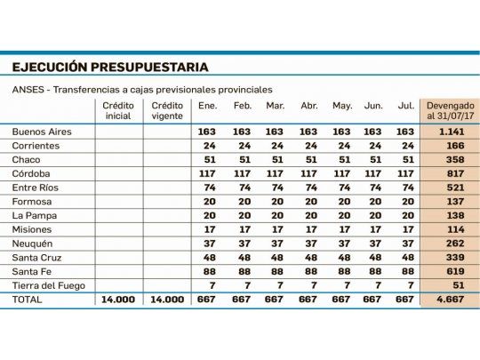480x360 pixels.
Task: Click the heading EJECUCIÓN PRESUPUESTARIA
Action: point(110,67)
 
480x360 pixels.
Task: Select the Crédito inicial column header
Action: point(119,111)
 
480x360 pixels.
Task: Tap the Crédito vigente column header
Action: point(168,111)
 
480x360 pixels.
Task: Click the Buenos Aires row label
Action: point(42,132)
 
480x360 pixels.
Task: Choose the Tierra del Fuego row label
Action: point(49,284)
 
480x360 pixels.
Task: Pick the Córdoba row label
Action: point(32,173)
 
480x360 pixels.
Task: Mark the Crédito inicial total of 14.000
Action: point(118,300)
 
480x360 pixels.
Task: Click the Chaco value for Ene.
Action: point(209,159)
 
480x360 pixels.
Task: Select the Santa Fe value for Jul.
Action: point(406,271)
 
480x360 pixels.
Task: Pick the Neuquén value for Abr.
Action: point(308,243)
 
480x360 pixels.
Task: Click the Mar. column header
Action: point(275,107)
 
